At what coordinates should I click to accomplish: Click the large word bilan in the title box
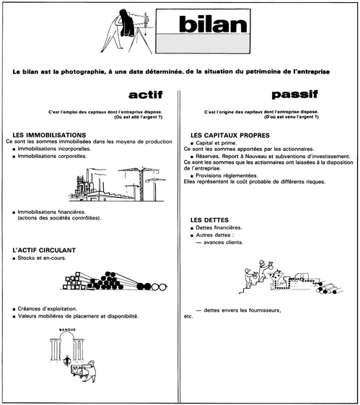click(213, 24)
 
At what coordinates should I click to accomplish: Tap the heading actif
click(146, 95)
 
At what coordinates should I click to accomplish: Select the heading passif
click(295, 95)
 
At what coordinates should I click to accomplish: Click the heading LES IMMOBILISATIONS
click(49, 135)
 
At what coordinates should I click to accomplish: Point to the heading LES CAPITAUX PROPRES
click(230, 135)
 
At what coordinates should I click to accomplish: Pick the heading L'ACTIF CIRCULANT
click(44, 251)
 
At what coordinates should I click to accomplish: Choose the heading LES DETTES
click(209, 220)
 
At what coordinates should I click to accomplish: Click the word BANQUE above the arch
click(68, 330)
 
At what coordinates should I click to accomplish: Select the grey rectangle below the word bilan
click(203, 43)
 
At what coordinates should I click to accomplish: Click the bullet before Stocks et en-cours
click(14, 258)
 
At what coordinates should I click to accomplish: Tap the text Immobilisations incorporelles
click(54, 149)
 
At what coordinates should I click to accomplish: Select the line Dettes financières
click(219, 228)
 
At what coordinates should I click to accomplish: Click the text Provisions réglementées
click(227, 175)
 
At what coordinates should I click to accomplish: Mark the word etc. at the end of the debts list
click(188, 316)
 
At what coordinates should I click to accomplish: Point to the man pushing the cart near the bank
click(90, 371)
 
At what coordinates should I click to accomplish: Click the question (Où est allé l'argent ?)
click(138, 117)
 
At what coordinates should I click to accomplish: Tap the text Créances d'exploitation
click(48, 309)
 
